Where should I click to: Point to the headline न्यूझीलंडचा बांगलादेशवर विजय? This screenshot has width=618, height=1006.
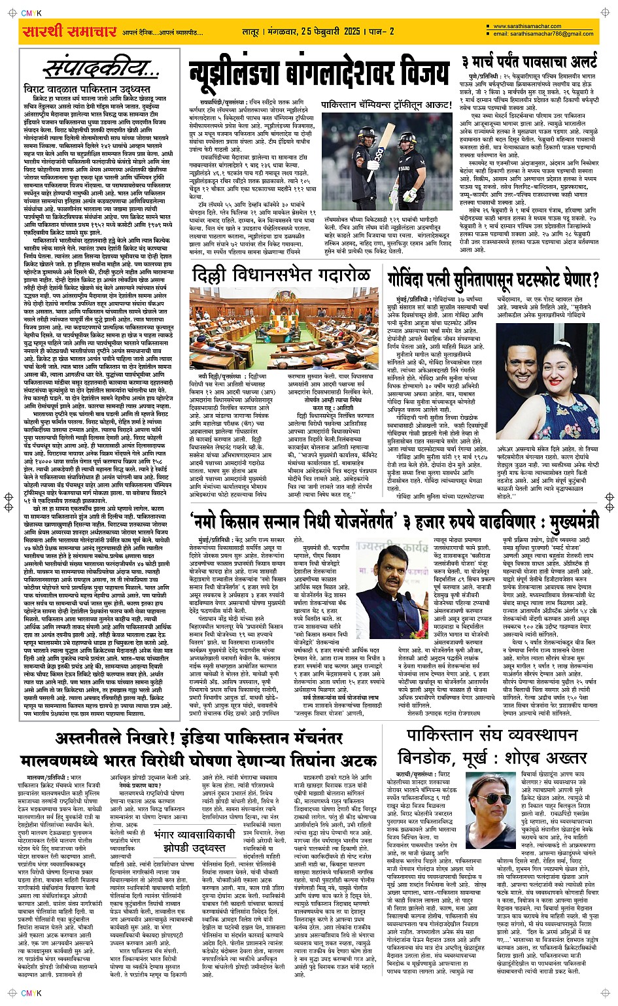point(318,72)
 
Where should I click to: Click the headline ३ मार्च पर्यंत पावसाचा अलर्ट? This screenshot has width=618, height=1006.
point(528,63)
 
